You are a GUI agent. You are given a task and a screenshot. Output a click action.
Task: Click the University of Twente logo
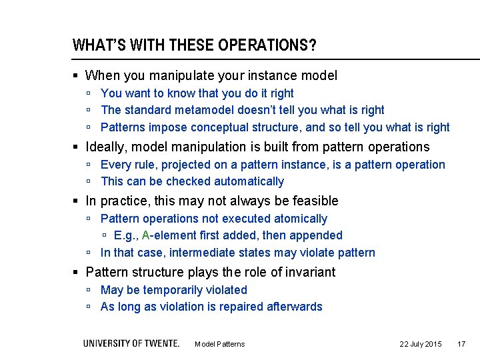(131, 343)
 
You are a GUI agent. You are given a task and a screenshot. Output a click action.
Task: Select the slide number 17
(461, 344)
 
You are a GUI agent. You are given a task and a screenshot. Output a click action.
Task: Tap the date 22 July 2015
(420, 344)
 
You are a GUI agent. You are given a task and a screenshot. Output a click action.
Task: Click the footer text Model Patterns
(219, 344)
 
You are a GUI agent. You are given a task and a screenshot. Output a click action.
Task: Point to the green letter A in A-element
(146, 235)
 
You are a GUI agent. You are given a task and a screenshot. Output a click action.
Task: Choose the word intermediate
(202, 253)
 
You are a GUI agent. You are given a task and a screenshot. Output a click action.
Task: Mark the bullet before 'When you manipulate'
(77, 76)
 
